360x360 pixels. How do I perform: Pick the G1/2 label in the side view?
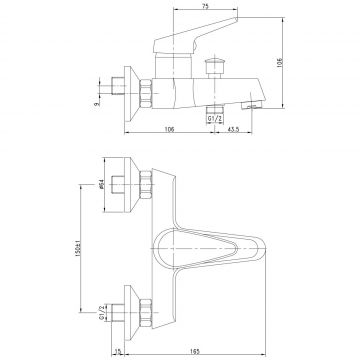pyautogui.click(x=214, y=117)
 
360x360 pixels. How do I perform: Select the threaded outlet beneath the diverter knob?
pyautogui.click(x=212, y=103)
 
